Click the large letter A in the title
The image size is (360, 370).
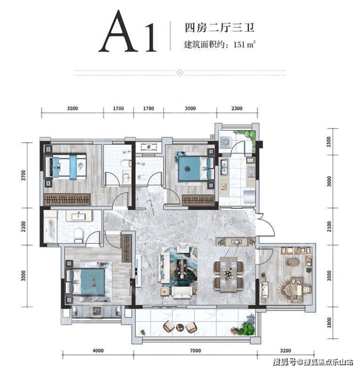118,31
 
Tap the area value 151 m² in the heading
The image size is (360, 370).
245,44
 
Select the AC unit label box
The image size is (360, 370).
149,147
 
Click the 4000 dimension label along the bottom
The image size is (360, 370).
98,351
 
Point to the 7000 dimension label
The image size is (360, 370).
196,351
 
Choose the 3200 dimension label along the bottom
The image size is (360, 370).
285,351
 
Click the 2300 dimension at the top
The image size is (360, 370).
237,108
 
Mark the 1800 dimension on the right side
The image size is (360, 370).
329,322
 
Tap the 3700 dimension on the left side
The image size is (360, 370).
23,176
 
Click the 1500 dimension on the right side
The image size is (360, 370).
329,141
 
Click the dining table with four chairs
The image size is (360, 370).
228,274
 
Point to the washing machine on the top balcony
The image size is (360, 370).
226,142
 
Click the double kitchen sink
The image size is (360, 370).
224,167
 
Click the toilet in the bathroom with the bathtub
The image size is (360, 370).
79,235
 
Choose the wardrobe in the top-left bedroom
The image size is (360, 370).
68,200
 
